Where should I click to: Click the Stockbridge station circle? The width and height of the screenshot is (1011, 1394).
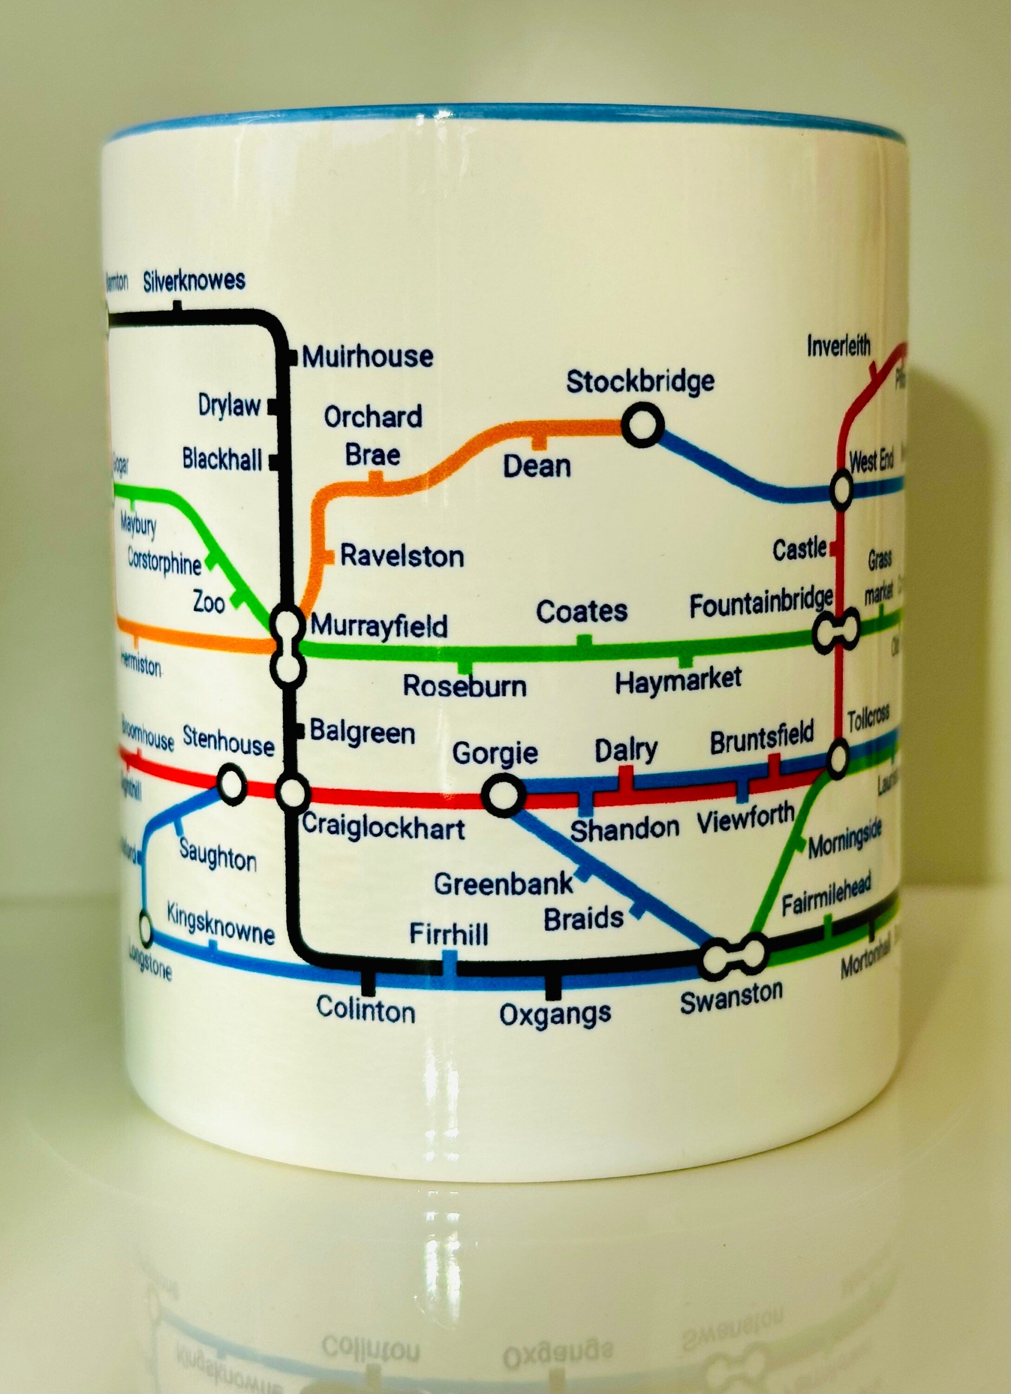coord(643,425)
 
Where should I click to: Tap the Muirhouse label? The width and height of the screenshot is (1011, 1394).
coord(368,356)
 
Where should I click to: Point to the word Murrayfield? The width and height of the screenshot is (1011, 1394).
coord(379,626)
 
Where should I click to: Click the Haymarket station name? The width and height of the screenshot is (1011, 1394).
coord(678,680)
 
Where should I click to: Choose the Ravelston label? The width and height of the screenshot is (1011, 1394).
coord(402,556)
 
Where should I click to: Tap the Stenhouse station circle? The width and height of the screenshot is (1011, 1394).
coord(232,784)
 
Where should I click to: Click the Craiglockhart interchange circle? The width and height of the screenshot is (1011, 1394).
coord(293,792)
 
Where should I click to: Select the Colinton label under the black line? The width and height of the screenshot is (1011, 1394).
coord(365,1010)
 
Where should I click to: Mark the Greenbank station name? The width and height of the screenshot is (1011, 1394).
coord(503,884)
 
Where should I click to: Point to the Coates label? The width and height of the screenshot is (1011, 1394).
coord(582,612)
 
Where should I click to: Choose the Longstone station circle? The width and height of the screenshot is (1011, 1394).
coord(145,929)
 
